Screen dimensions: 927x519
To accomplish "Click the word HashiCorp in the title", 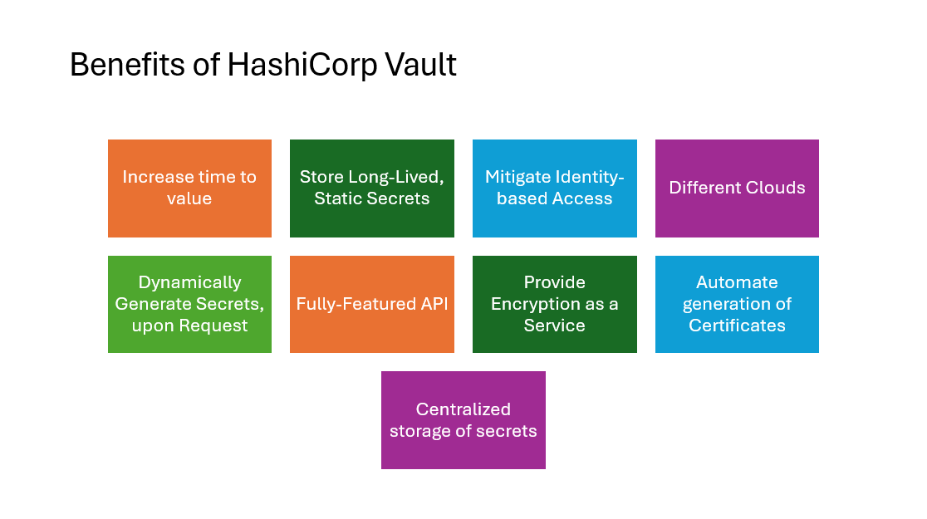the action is pyautogui.click(x=302, y=65).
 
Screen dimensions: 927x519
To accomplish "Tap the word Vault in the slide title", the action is pyautogui.click(x=420, y=65).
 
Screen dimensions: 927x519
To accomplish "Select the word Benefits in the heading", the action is pyautogui.click(x=127, y=65).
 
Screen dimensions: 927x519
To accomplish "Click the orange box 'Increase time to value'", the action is pyautogui.click(x=189, y=189).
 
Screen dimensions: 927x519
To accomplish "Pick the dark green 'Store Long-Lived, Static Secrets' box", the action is pyautogui.click(x=372, y=189).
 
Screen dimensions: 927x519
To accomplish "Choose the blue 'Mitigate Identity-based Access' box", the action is pyautogui.click(x=555, y=189).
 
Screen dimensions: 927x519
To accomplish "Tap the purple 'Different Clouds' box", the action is pyautogui.click(x=738, y=189).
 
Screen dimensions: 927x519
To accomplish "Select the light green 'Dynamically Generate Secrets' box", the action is pyautogui.click(x=189, y=305).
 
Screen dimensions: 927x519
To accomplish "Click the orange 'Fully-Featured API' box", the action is pyautogui.click(x=372, y=305).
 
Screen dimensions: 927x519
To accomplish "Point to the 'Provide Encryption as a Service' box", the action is pyautogui.click(x=555, y=305).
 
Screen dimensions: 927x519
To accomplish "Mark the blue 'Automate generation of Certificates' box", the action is pyautogui.click(x=738, y=305).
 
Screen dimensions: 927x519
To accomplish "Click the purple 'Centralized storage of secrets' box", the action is pyautogui.click(x=463, y=420).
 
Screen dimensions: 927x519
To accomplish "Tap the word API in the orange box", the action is pyautogui.click(x=434, y=304).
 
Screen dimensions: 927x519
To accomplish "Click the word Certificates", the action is pyautogui.click(x=738, y=326).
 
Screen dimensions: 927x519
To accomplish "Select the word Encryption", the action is pyautogui.click(x=536, y=305).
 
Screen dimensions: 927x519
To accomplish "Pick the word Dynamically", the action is pyautogui.click(x=189, y=283).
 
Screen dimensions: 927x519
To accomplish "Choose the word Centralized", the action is pyautogui.click(x=463, y=409).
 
